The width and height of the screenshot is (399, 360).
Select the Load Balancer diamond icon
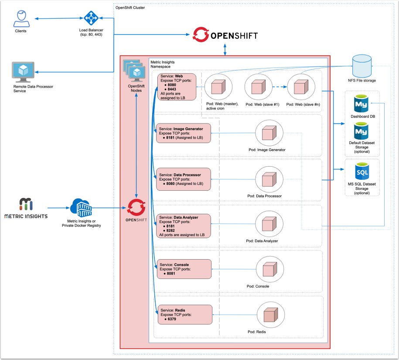(x=91, y=18)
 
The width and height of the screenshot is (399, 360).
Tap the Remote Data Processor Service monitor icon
(x=24, y=71)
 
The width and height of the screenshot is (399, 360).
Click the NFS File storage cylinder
(x=363, y=65)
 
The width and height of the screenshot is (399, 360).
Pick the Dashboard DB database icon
(x=361, y=103)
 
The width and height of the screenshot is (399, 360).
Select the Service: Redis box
(x=185, y=315)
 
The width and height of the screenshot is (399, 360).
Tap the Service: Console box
(x=184, y=270)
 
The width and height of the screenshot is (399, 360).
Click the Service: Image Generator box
(x=184, y=133)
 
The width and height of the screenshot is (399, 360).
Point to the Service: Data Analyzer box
(x=184, y=226)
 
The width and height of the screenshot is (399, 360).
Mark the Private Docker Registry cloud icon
(x=81, y=208)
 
